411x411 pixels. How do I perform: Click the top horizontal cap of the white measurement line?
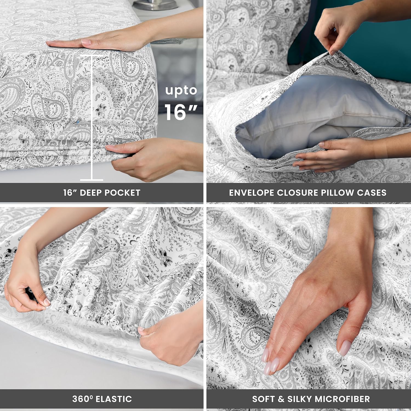(92, 56)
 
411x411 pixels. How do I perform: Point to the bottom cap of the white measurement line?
(92, 180)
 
